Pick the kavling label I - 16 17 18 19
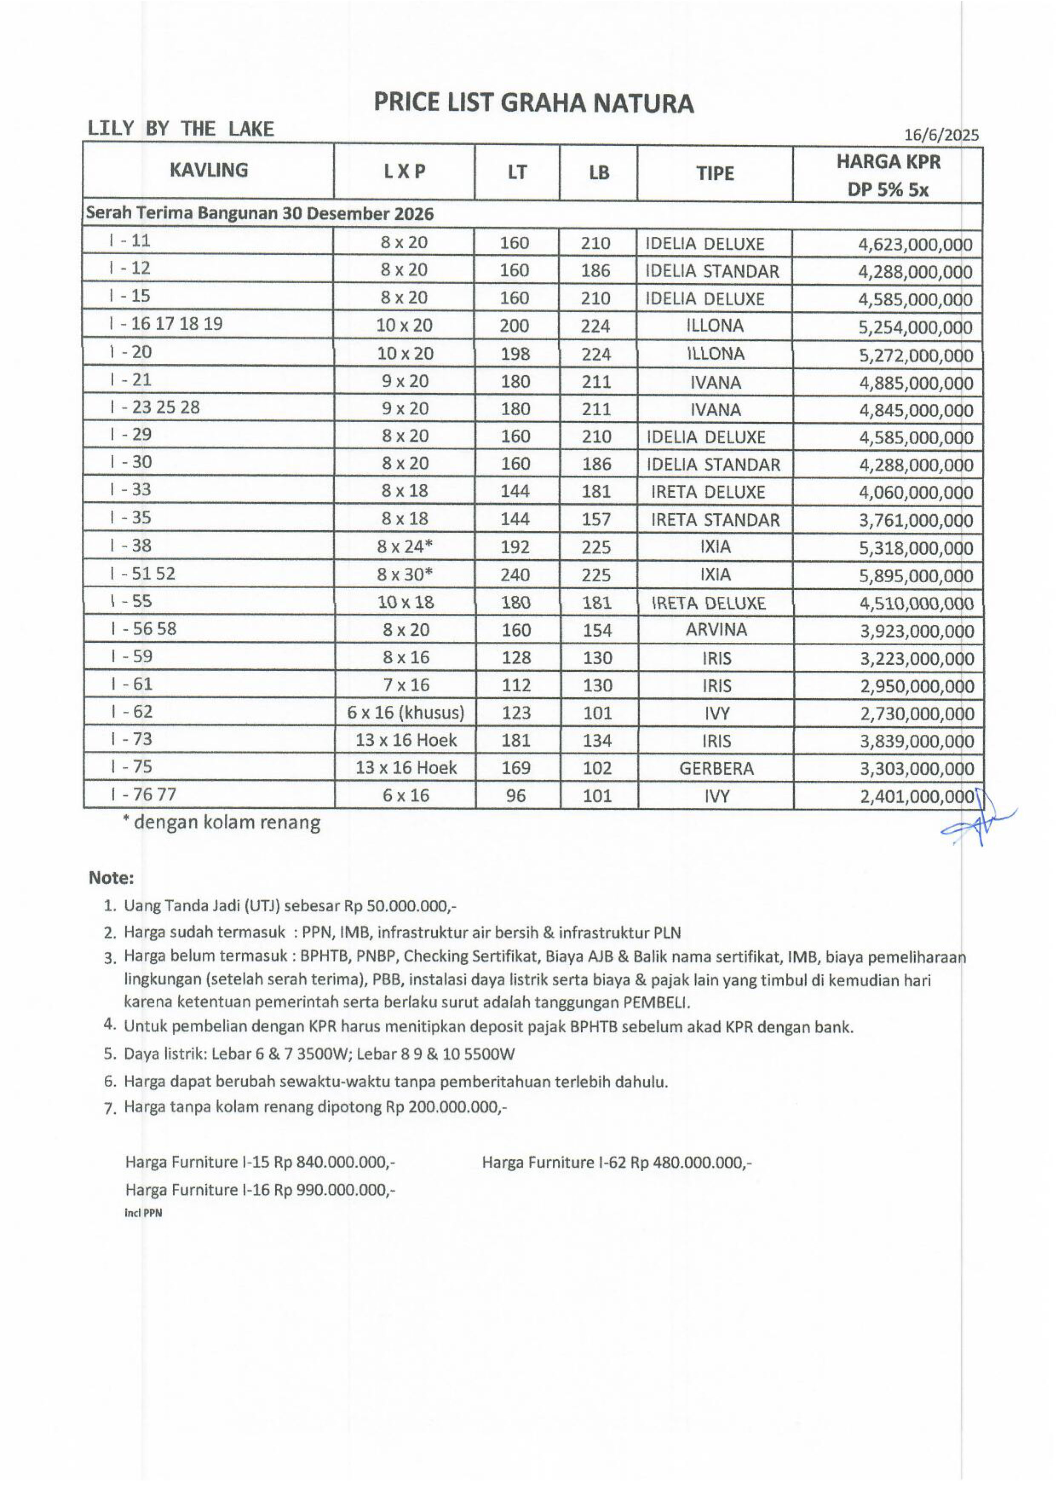click(166, 324)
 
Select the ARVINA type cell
click(715, 630)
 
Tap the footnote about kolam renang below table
click(222, 823)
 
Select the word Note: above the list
click(111, 878)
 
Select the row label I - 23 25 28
click(155, 408)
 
